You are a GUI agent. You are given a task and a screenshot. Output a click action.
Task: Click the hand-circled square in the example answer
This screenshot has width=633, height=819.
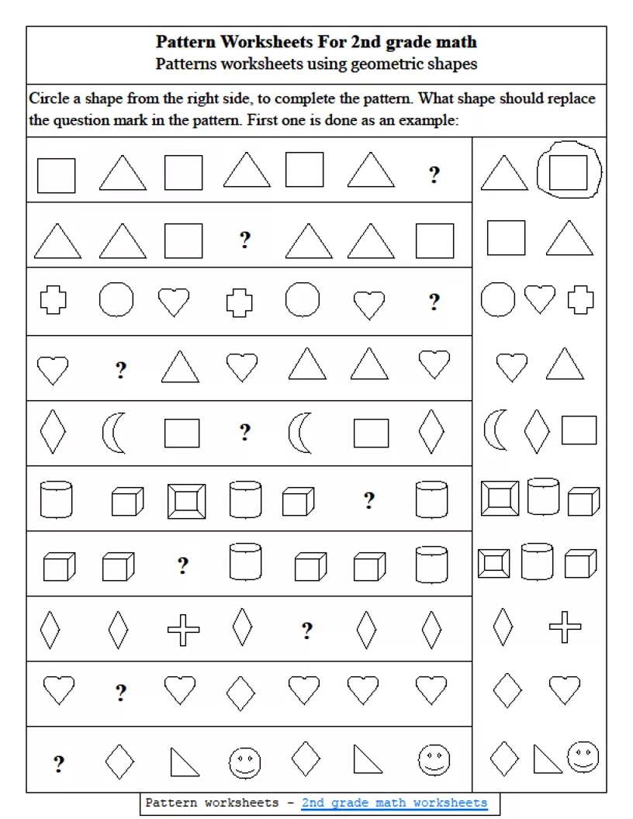(569, 172)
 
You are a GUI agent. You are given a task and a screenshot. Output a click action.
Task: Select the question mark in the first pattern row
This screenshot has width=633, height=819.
(434, 175)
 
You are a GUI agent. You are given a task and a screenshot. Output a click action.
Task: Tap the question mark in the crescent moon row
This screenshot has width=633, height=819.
(245, 432)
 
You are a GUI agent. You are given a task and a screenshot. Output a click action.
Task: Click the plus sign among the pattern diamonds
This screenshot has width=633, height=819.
(184, 629)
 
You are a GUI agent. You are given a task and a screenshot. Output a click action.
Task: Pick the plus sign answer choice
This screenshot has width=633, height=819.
(565, 627)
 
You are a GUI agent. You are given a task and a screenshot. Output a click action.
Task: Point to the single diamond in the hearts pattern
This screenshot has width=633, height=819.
(242, 690)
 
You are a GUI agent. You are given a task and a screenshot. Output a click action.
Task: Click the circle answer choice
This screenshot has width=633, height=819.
(498, 299)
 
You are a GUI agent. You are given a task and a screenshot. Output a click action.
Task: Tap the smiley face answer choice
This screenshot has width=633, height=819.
(583, 757)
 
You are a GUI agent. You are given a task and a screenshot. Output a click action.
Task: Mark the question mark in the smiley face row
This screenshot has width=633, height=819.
(59, 765)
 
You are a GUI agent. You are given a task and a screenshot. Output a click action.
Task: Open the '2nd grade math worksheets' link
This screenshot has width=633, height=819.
(395, 803)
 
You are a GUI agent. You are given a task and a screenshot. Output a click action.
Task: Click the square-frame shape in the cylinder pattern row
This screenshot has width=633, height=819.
(186, 501)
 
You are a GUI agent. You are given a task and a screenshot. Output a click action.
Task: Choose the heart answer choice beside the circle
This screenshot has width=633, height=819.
(540, 299)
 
